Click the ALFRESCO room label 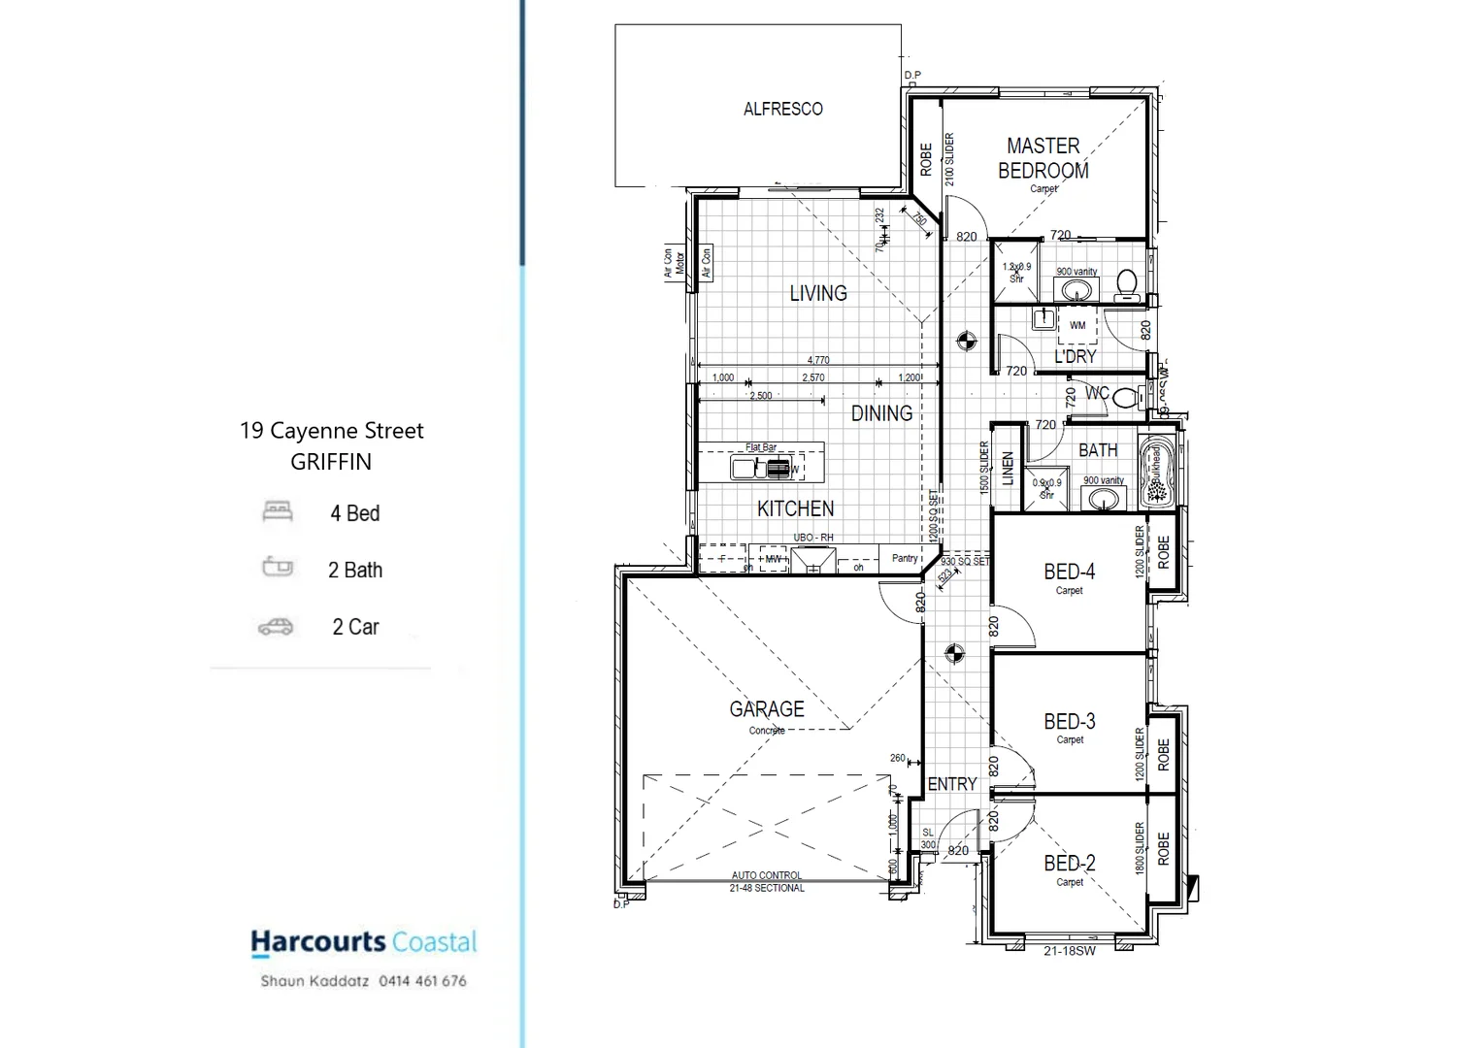[x=782, y=110]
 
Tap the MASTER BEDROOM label [x=1043, y=158]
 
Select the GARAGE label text [x=767, y=709]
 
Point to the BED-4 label [x=1069, y=573]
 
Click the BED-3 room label [x=1069, y=722]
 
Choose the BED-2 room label [x=1069, y=864]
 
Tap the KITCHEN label [x=795, y=508]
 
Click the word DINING [x=881, y=413]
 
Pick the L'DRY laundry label [x=1076, y=356]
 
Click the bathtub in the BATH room [x=1156, y=473]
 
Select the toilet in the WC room [x=1126, y=397]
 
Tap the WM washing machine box [x=1077, y=325]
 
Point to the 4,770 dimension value [x=818, y=360]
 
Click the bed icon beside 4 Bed [x=278, y=511]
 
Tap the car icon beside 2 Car [x=276, y=628]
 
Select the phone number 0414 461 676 [x=422, y=981]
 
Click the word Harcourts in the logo [x=318, y=941]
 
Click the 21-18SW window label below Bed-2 [x=1069, y=951]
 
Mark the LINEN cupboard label [x=1008, y=469]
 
